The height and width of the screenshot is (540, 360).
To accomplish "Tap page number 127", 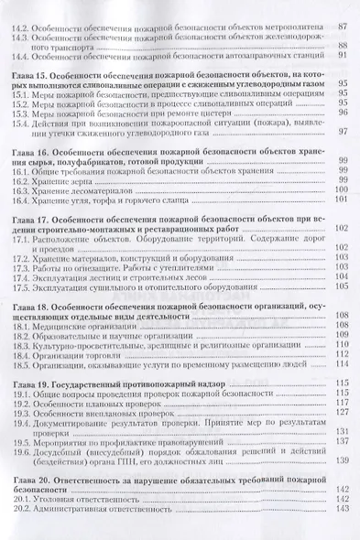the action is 341,413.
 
